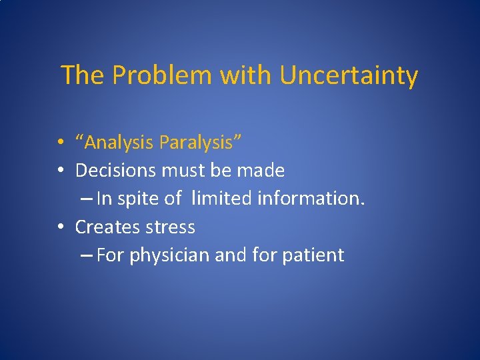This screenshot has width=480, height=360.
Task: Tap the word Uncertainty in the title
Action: click(x=349, y=76)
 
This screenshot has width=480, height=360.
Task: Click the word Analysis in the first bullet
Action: click(x=119, y=143)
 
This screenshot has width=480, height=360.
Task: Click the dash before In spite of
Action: click(x=87, y=199)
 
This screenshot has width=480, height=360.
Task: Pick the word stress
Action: click(x=169, y=227)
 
